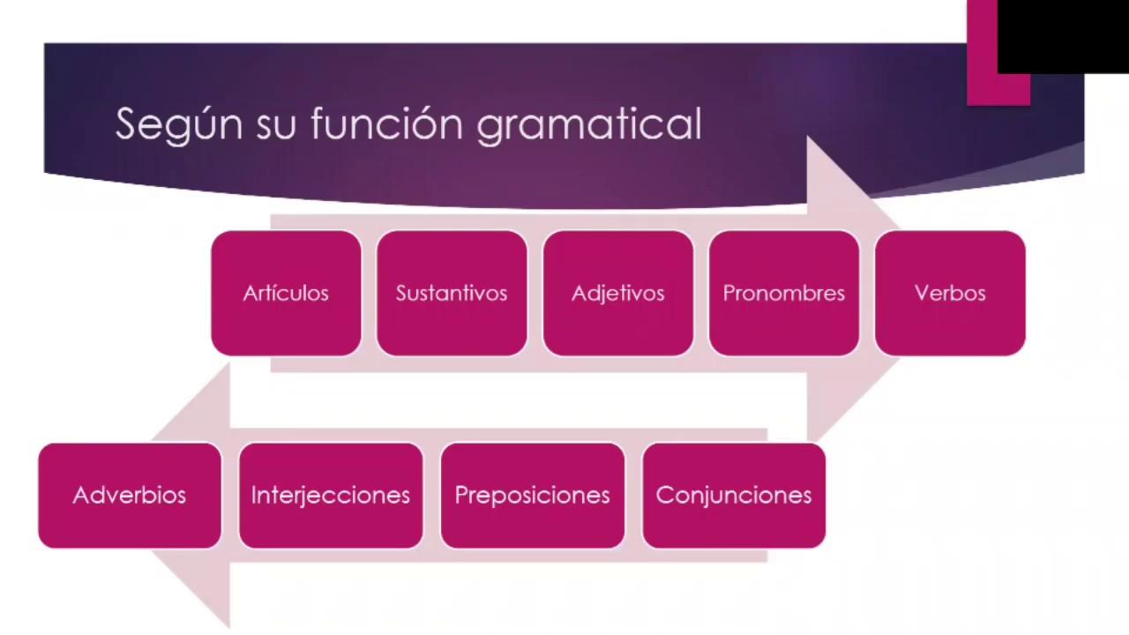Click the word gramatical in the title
click(588, 124)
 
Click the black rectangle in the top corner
click(1062, 35)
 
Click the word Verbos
click(950, 294)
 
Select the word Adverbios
click(130, 495)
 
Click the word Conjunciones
click(734, 495)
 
